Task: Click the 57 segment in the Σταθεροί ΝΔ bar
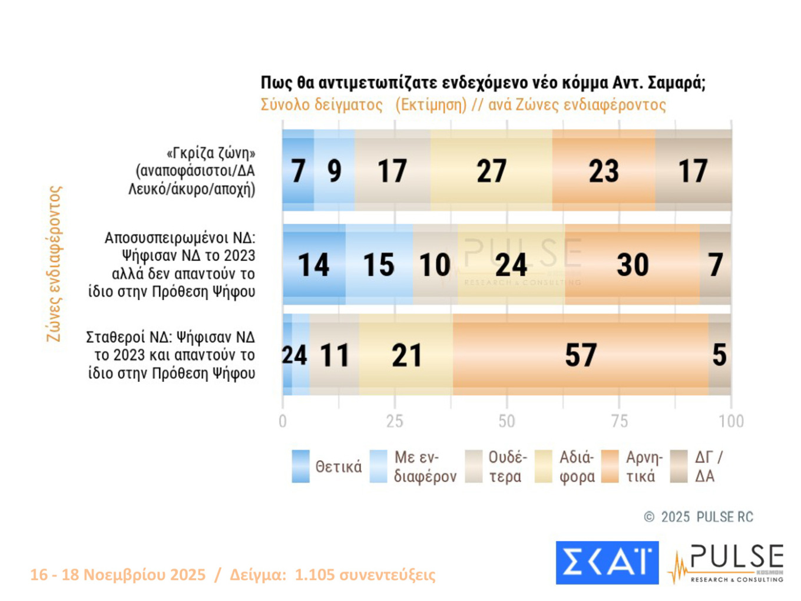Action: point(581,355)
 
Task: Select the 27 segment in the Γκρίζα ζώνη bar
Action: point(491,171)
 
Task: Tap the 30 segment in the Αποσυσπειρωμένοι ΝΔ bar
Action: point(633,265)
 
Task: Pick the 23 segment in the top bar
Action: point(604,171)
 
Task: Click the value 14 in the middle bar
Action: point(313,265)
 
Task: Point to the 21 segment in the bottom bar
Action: point(406,355)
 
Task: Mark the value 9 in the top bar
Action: point(334,171)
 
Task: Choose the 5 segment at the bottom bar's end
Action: point(719,355)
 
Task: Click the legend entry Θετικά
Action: point(338,467)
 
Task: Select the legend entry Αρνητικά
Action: point(643,467)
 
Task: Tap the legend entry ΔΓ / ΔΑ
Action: point(708,467)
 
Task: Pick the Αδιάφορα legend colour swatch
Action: point(542,467)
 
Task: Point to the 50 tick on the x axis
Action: point(507,421)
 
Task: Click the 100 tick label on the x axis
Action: point(731,421)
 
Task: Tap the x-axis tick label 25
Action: point(395,421)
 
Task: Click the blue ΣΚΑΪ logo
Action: point(607,563)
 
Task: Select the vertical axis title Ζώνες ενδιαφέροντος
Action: point(54,264)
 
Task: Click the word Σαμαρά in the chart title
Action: point(675,82)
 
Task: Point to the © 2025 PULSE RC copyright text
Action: point(698,517)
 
